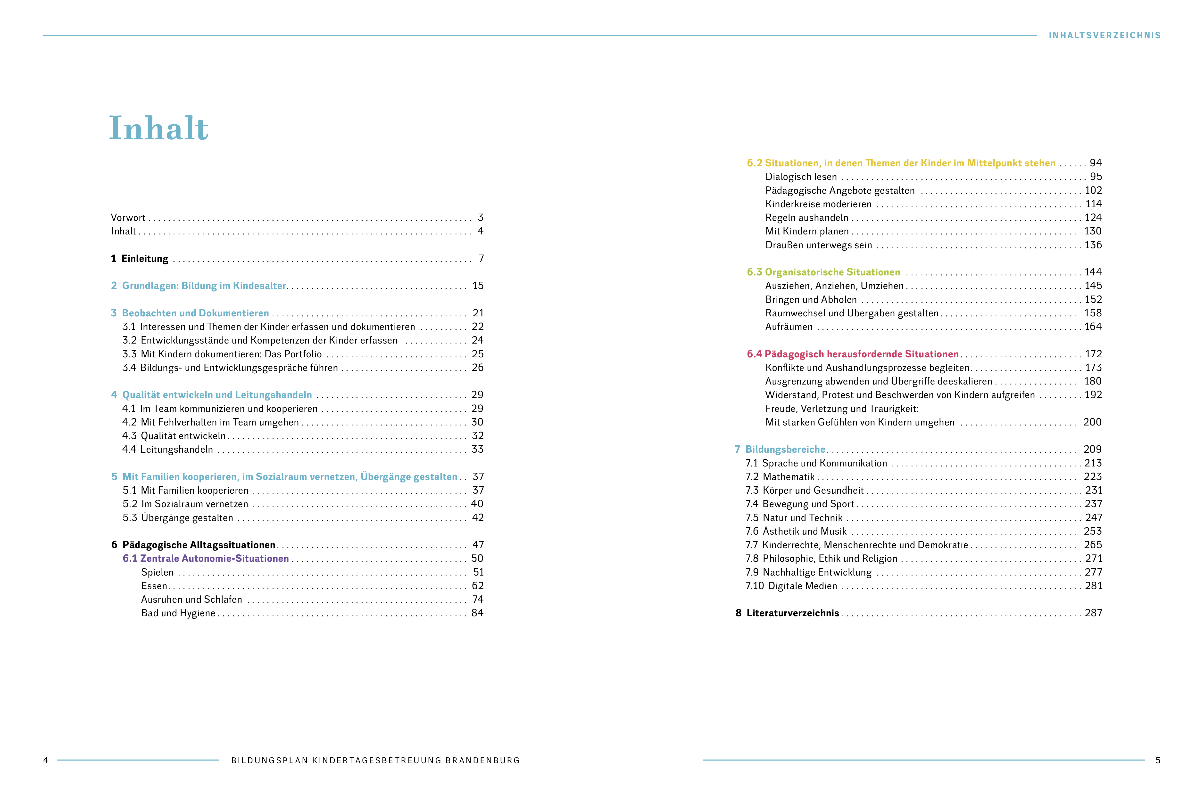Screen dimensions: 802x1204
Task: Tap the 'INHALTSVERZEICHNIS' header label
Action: pyautogui.click(x=1105, y=35)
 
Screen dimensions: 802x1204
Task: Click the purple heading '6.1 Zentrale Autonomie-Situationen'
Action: pyautogui.click(x=206, y=559)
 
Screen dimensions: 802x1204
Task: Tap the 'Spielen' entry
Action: pyautogui.click(x=157, y=572)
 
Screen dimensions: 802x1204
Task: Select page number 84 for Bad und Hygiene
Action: pyautogui.click(x=477, y=613)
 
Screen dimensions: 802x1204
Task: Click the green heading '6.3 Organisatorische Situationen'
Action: pyautogui.click(x=823, y=272)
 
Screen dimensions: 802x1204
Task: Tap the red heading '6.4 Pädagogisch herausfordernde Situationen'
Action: pyautogui.click(x=852, y=354)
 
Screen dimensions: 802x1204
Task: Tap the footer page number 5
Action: pyautogui.click(x=1157, y=760)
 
